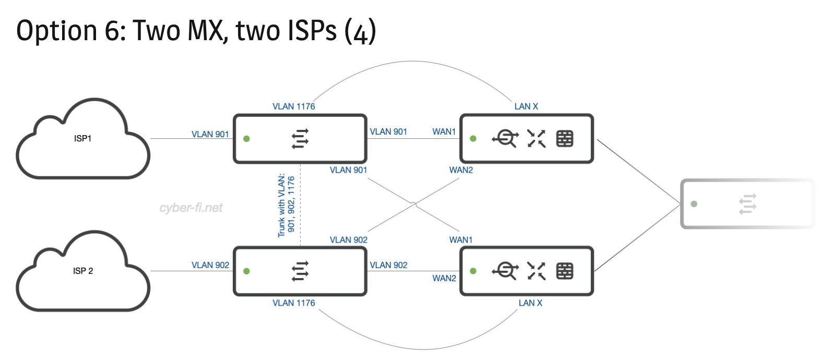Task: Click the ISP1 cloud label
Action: pyautogui.click(x=82, y=139)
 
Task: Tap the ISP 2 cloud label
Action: pyautogui.click(x=83, y=271)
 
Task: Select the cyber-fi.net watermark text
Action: pyautogui.click(x=191, y=208)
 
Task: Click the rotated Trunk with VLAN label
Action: pyautogui.click(x=286, y=206)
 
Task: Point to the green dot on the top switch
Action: pyautogui.click(x=246, y=139)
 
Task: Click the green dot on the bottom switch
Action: pyautogui.click(x=246, y=271)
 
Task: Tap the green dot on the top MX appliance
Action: pyautogui.click(x=473, y=139)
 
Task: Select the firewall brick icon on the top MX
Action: pyautogui.click(x=565, y=139)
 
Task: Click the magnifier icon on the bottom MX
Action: pyautogui.click(x=505, y=271)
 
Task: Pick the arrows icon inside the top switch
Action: pyautogui.click(x=300, y=139)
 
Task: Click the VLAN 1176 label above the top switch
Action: pyautogui.click(x=294, y=106)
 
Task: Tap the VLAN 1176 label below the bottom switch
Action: pyautogui.click(x=294, y=303)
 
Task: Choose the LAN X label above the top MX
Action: pyautogui.click(x=526, y=106)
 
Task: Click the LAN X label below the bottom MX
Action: pyautogui.click(x=530, y=303)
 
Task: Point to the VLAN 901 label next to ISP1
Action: pyautogui.click(x=210, y=134)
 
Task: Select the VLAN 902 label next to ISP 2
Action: pyautogui.click(x=210, y=265)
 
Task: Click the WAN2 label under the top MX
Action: pyautogui.click(x=461, y=170)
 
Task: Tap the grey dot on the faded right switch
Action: pyautogui.click(x=694, y=204)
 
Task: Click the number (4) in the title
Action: pyautogui.click(x=360, y=31)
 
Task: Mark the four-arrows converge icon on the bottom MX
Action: pyautogui.click(x=536, y=271)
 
